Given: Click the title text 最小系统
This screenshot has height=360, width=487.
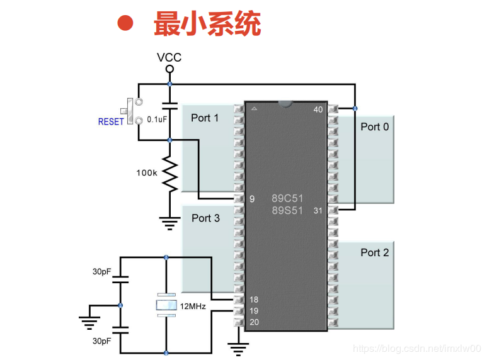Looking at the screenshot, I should pyautogui.click(x=207, y=25).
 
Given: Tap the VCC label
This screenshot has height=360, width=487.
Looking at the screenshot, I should pyautogui.click(x=169, y=57).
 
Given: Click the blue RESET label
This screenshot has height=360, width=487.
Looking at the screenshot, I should pyautogui.click(x=111, y=121).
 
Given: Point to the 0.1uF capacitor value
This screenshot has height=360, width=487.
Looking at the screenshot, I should pyautogui.click(x=157, y=119).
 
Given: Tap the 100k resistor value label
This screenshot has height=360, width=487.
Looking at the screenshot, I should pyautogui.click(x=146, y=172).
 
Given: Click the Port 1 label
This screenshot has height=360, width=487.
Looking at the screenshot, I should pyautogui.click(x=205, y=118).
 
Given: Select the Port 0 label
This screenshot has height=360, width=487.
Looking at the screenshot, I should pyautogui.click(x=374, y=127).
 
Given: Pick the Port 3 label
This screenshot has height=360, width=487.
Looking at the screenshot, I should pyautogui.click(x=205, y=218).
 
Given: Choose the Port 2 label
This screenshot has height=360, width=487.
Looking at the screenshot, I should pyautogui.click(x=374, y=252).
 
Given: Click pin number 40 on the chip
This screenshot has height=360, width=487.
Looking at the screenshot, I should pyautogui.click(x=318, y=110).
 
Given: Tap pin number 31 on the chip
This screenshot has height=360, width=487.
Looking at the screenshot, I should pyautogui.click(x=318, y=210).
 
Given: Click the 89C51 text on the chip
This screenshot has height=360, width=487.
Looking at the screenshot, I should pyautogui.click(x=287, y=198).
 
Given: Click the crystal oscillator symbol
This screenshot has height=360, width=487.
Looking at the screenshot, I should pyautogui.click(x=166, y=305).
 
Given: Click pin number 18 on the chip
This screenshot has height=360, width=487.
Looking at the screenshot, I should pyautogui.click(x=253, y=300).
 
